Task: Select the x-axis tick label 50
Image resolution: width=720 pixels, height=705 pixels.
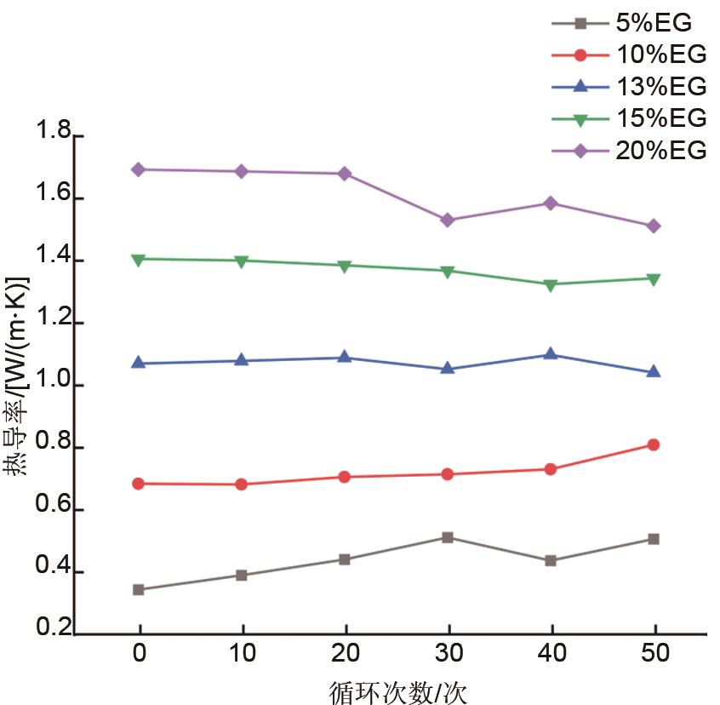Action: [653, 655]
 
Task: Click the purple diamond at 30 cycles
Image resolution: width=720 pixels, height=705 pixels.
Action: [448, 220]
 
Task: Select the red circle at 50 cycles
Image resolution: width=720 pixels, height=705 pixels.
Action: [654, 444]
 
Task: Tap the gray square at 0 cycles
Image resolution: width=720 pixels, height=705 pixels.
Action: [139, 589]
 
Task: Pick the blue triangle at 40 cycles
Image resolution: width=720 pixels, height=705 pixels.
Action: [551, 354]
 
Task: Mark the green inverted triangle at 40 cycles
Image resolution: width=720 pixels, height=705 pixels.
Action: [551, 284]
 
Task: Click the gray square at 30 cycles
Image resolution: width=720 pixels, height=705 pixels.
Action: [448, 537]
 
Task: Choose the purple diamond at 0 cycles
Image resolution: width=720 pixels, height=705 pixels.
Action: [139, 169]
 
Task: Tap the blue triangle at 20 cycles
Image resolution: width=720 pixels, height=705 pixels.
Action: [345, 358]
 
